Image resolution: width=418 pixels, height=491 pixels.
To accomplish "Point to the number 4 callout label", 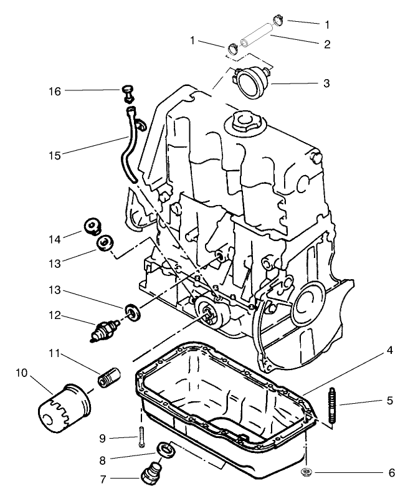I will [389, 351].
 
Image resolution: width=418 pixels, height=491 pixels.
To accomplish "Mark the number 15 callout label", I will [55, 154].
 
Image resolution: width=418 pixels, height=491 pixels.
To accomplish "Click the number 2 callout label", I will [326, 44].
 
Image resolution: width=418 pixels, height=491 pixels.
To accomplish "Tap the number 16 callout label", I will [55, 92].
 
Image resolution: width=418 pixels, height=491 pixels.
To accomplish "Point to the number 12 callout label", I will [55, 316].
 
